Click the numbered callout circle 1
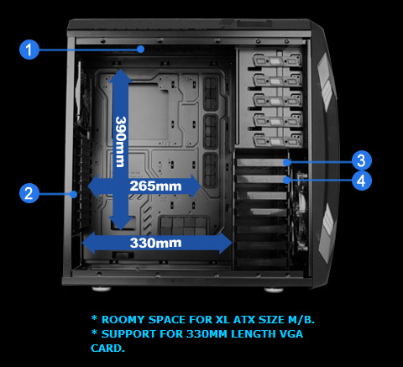point(29,50)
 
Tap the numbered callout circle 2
point(29,193)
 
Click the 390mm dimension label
point(122,141)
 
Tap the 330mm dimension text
point(156,243)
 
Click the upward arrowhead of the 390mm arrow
point(123,78)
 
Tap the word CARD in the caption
point(107,349)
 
